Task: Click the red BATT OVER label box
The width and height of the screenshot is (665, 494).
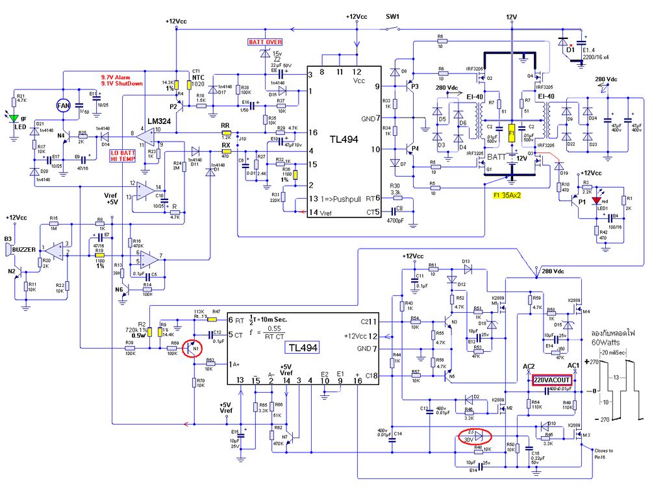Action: click(x=265, y=42)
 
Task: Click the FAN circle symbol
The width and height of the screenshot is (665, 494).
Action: click(x=63, y=105)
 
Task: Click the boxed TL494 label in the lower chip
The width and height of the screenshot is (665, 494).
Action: click(x=301, y=348)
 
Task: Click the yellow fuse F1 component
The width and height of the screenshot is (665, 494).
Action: click(x=512, y=133)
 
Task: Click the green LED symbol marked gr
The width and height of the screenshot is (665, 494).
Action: click(x=14, y=117)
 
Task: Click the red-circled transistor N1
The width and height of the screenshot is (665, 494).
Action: click(x=194, y=349)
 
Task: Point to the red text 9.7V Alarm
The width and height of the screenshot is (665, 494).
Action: click(x=115, y=77)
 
